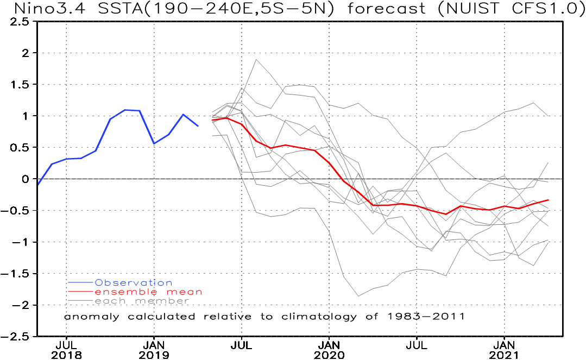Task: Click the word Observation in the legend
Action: tap(133, 283)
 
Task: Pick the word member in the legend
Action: tap(161, 301)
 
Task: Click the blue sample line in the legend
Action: tap(81, 282)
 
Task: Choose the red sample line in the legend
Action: tap(81, 292)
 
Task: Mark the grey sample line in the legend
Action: tap(81, 301)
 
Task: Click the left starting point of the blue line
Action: tap(38, 185)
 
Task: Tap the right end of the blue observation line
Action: tap(198, 125)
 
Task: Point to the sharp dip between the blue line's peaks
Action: tap(154, 143)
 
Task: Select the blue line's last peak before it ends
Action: tap(183, 115)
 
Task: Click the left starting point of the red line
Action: tap(212, 120)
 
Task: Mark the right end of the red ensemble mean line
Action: tap(549, 200)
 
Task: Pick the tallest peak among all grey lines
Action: tap(256, 60)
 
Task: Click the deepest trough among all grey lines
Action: tap(358, 296)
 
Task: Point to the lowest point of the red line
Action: tap(446, 214)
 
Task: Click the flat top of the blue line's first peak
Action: tap(133, 110)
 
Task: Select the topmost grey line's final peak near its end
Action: tap(533, 103)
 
